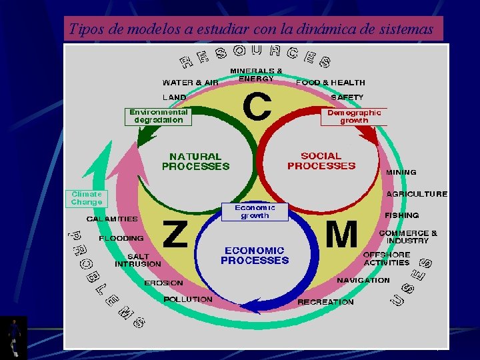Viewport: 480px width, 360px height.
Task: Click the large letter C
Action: coord(257,107)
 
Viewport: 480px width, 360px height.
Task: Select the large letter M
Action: coord(341,235)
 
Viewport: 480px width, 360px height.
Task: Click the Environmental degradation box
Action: coord(159,117)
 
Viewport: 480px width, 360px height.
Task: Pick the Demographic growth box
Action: coord(354,117)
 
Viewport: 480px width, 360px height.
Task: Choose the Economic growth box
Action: coord(255,212)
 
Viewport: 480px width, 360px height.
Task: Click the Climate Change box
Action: coord(87,198)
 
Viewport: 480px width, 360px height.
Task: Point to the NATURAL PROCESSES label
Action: coord(195,161)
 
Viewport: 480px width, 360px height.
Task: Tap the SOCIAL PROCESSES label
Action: coord(321,161)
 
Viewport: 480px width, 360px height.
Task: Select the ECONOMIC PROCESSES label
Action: coord(255,255)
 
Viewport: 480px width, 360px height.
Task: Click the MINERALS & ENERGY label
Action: coord(256,74)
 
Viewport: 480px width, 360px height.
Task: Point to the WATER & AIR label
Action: coord(190,83)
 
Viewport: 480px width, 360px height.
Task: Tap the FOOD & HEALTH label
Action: coord(331,83)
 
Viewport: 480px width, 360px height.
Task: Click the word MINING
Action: coord(401,172)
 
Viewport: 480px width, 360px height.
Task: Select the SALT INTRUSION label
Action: coord(138,260)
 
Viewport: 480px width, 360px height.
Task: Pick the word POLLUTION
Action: coord(188,299)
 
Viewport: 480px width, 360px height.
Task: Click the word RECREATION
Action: coord(325,302)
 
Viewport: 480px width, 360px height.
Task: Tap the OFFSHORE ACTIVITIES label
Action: coord(386,259)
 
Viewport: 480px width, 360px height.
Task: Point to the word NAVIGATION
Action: coord(363,281)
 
